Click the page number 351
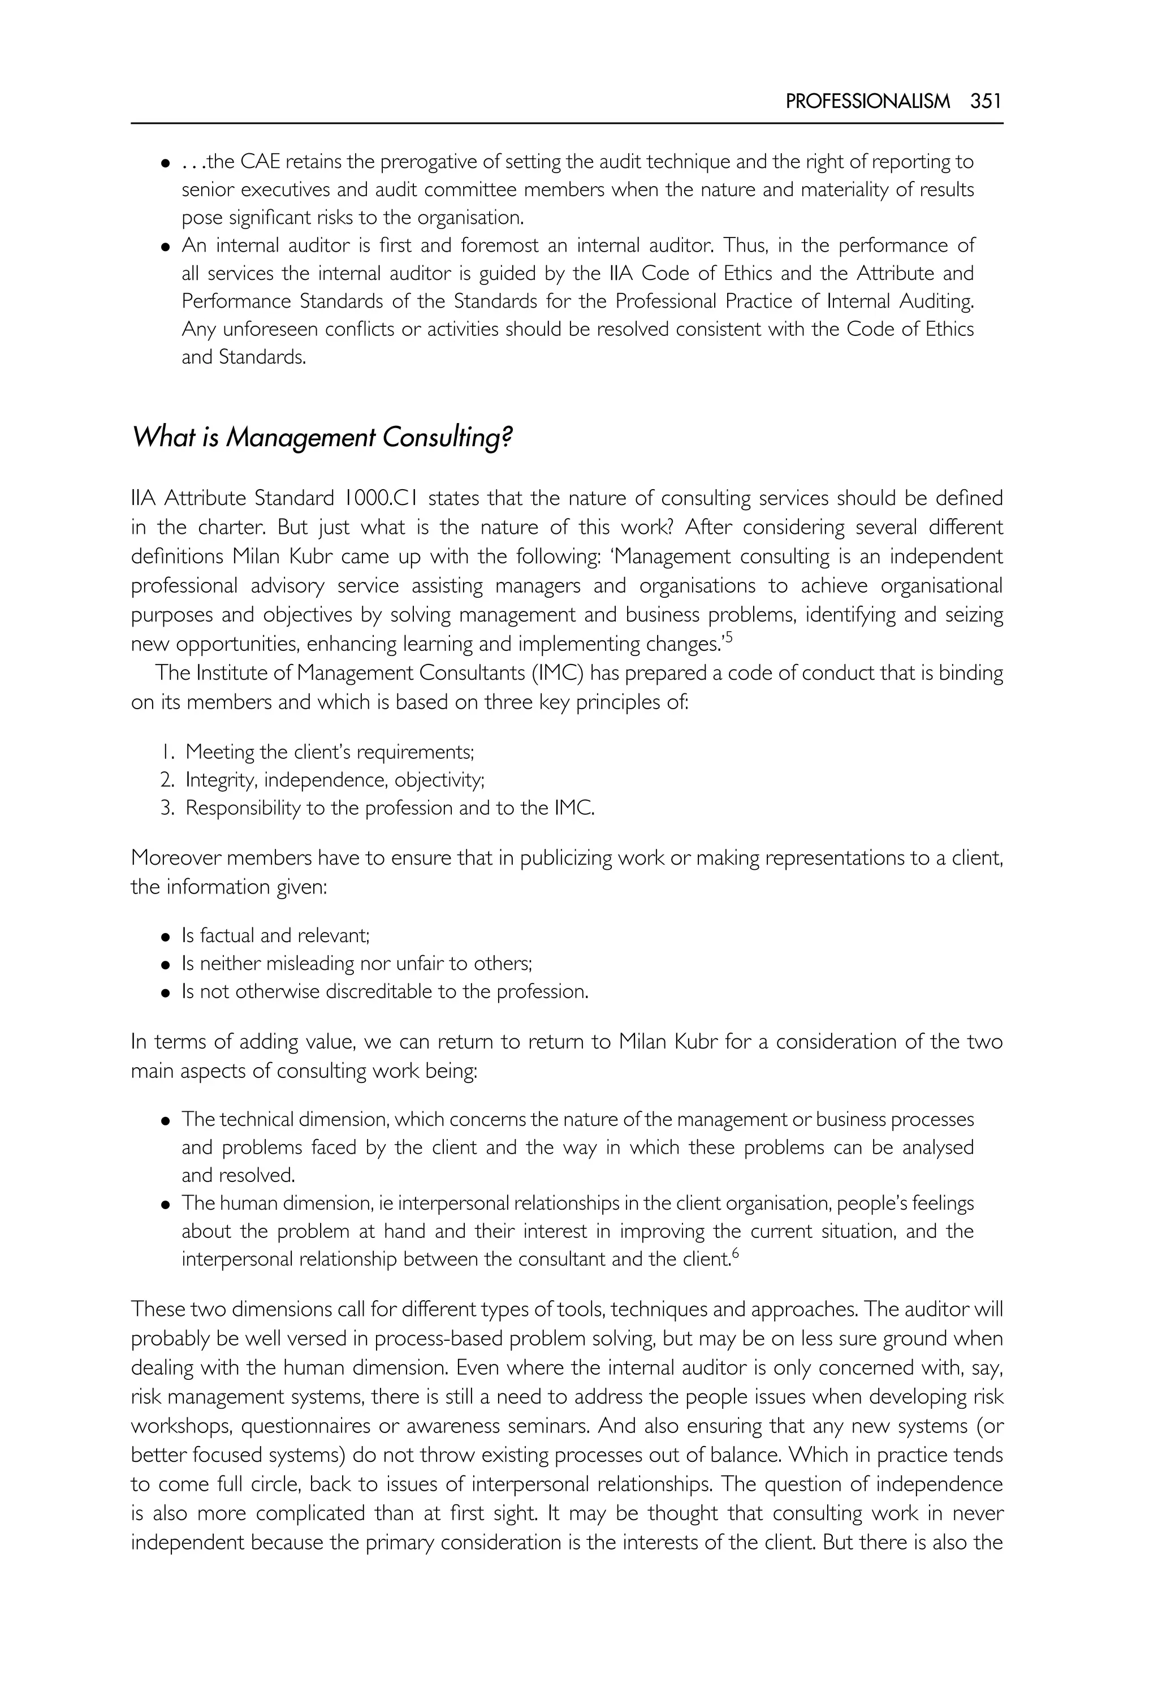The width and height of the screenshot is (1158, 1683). coord(986,102)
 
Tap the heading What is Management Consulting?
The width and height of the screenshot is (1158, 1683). coord(322,438)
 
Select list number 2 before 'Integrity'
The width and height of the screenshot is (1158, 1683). coord(167,780)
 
